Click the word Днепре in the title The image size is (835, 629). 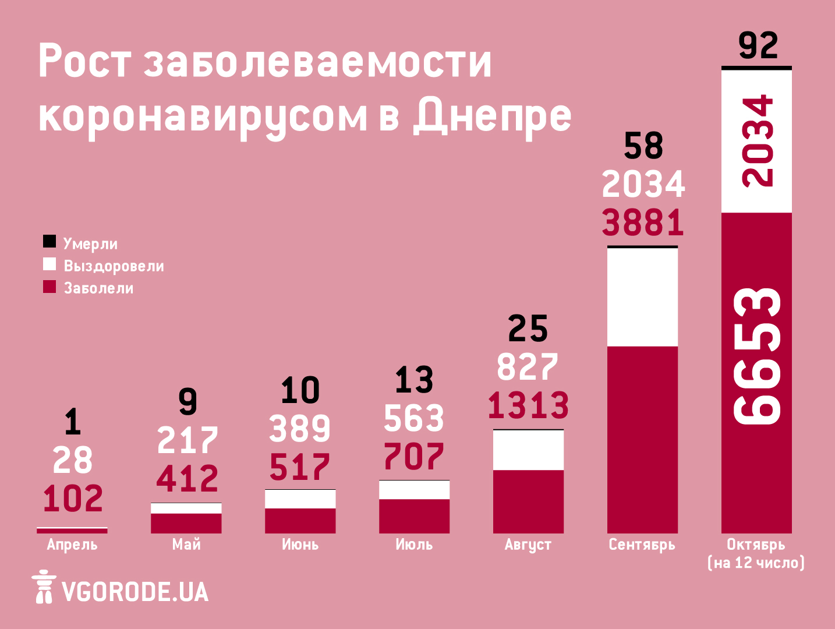point(492,115)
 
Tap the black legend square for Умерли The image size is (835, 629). point(49,242)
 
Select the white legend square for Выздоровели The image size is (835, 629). point(49,264)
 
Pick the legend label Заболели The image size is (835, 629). point(98,288)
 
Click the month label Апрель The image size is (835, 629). point(72,545)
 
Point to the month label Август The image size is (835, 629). point(528,545)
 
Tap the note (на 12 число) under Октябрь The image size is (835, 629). point(756,563)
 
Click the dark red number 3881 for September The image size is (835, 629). point(643,223)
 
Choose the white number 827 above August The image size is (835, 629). point(528,367)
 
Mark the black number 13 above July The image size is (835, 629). point(414,380)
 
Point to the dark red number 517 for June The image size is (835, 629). point(300,467)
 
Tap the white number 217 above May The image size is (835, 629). point(187,440)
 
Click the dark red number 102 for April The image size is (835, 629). point(73,499)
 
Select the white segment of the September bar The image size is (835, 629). point(642,297)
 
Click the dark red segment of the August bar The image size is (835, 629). point(528,501)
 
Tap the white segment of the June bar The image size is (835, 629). point(300,499)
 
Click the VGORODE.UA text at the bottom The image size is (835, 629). point(135,592)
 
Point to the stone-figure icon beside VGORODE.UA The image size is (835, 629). point(44,586)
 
